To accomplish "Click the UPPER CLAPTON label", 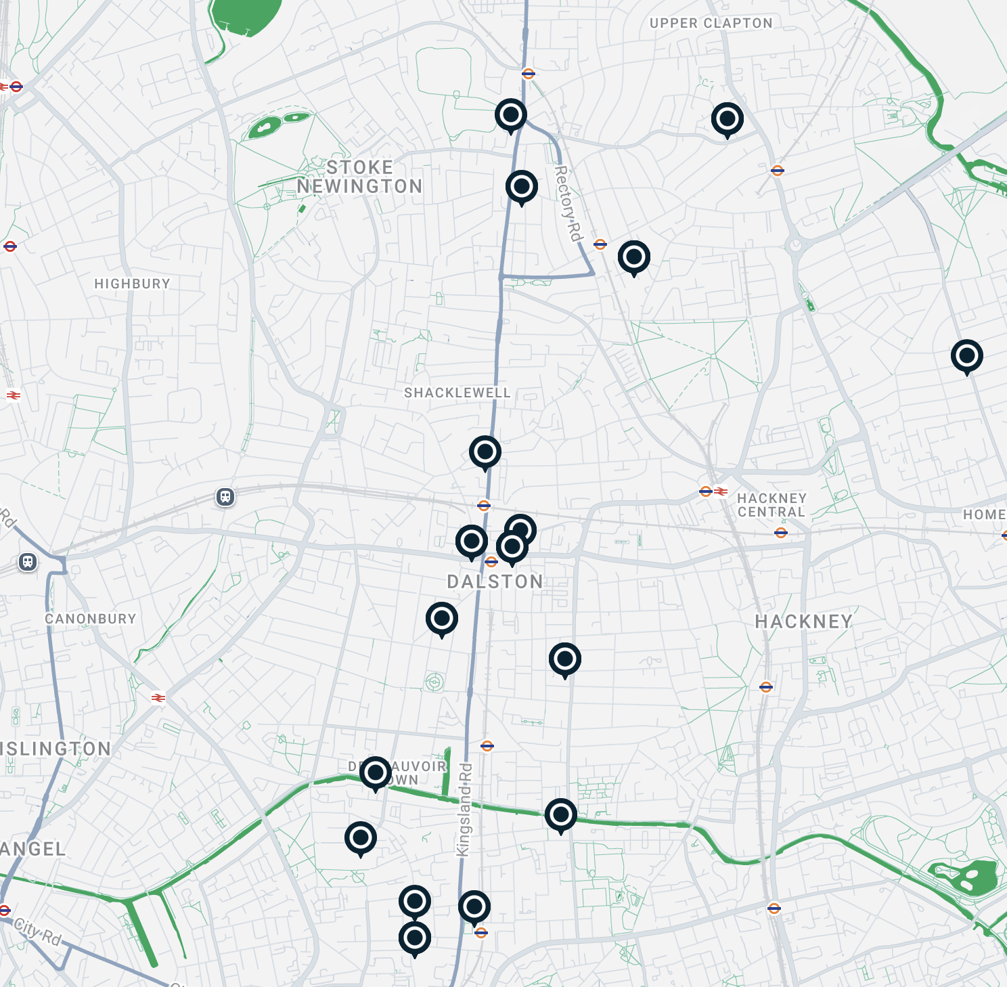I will (x=711, y=23).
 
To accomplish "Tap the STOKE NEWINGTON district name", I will (x=359, y=177).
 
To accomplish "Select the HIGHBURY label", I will (x=132, y=284).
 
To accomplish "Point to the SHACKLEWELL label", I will (x=457, y=393).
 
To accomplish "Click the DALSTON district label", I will (x=495, y=582).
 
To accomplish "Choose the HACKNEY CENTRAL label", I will (x=771, y=505).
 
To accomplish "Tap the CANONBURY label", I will (x=91, y=619).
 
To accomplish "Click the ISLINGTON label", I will (x=55, y=749).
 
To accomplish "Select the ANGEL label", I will (x=32, y=849).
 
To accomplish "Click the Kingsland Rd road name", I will (x=464, y=810).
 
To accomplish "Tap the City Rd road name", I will (x=37, y=931).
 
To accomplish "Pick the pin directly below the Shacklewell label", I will (x=485, y=452).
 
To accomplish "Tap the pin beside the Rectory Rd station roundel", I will (x=633, y=257).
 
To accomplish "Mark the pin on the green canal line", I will (x=560, y=814).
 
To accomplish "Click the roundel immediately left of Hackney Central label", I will (x=706, y=491).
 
